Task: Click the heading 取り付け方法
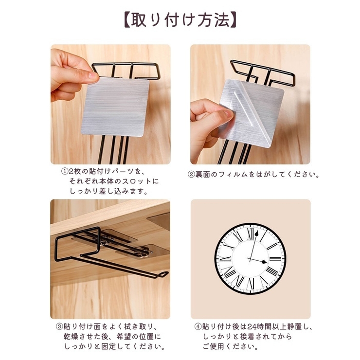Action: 180,20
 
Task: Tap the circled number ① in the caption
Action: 65,171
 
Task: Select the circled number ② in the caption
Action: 191,175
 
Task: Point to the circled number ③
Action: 59,326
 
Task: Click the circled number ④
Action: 198,326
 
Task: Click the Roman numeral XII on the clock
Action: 251,234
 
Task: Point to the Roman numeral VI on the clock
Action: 251,284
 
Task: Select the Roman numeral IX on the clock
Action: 226,259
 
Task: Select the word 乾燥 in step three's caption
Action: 71,337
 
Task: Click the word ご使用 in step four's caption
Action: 213,346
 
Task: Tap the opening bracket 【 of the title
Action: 127,20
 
